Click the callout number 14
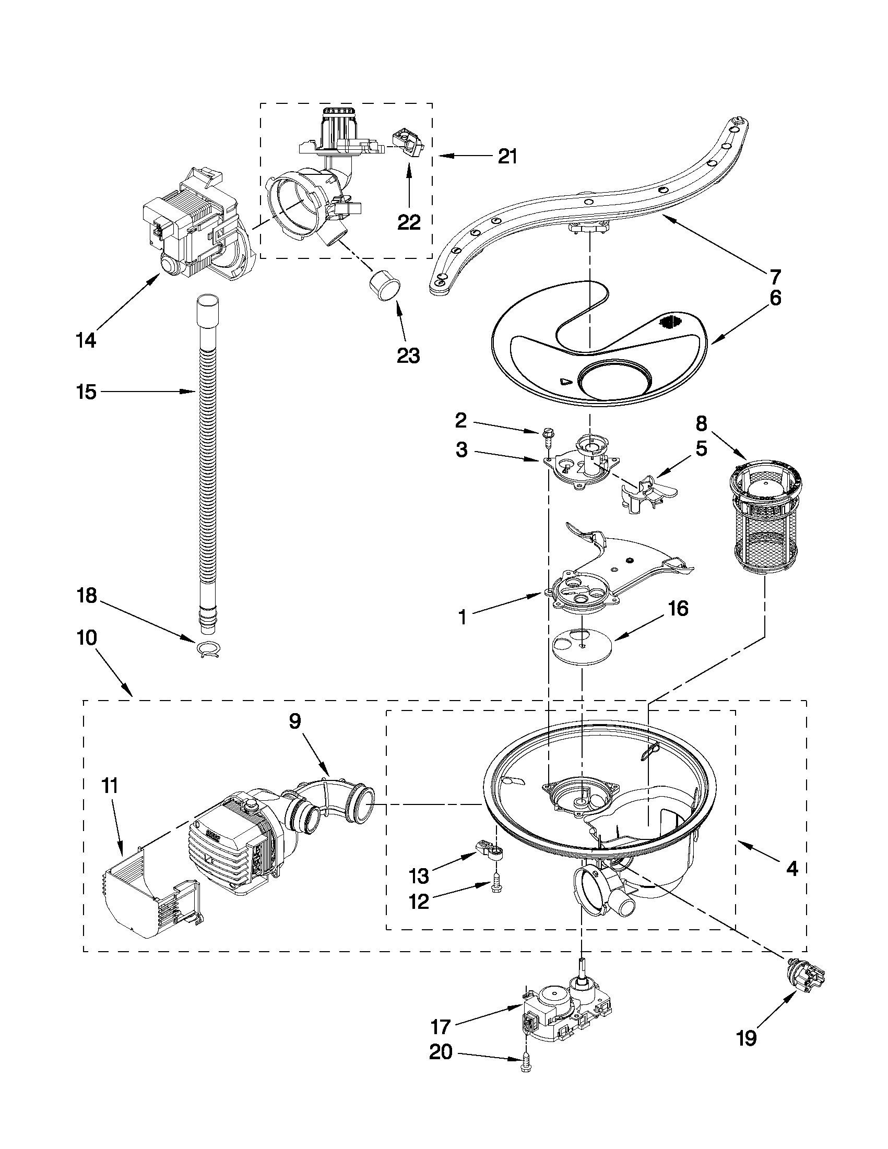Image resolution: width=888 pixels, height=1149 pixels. point(86,340)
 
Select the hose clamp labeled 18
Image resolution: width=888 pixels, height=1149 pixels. point(209,650)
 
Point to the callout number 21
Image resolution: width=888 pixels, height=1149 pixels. point(507,156)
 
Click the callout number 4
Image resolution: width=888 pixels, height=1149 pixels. point(791,869)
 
